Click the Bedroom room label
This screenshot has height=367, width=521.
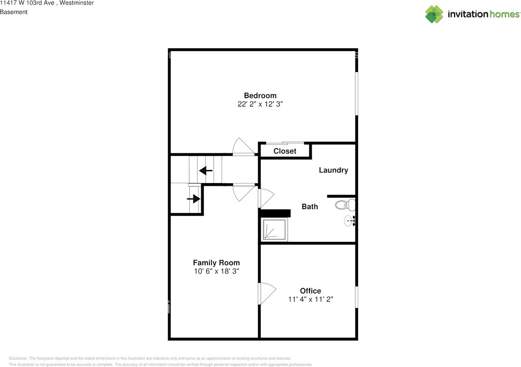(x=260, y=96)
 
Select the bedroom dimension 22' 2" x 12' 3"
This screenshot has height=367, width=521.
(x=260, y=104)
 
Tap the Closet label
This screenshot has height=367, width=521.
(x=285, y=151)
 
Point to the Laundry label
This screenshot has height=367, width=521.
(x=333, y=170)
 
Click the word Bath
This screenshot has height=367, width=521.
(x=310, y=207)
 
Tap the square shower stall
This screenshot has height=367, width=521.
(x=274, y=230)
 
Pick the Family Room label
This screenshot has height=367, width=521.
(x=216, y=263)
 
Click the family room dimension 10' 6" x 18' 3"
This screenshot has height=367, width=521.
(x=216, y=271)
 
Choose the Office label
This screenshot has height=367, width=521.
(x=311, y=291)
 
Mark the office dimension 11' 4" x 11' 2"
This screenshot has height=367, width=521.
(x=311, y=299)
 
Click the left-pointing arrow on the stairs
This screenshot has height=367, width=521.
(x=206, y=170)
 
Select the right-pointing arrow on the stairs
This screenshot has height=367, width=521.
(x=194, y=199)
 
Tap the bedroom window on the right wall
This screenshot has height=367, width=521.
(x=357, y=94)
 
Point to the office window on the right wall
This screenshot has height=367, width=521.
(x=357, y=297)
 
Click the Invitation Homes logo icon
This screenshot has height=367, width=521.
(x=434, y=14)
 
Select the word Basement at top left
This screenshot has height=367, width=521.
(x=14, y=12)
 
